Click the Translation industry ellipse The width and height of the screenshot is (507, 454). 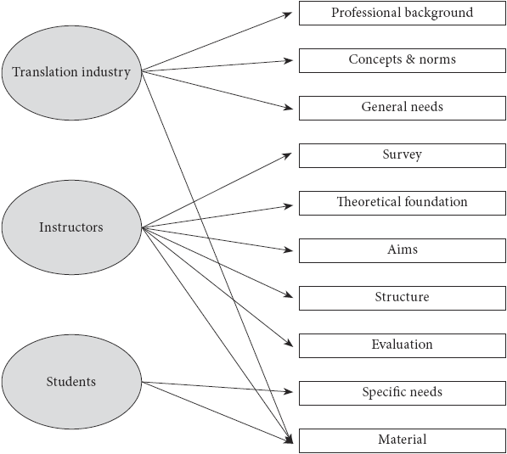click(71, 73)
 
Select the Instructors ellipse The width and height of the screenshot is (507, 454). click(71, 227)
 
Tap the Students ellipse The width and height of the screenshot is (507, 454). click(71, 382)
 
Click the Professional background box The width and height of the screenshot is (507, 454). click(403, 14)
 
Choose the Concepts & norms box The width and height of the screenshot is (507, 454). click(403, 60)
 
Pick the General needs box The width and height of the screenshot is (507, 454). click(403, 108)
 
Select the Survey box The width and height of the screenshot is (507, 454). click(403, 155)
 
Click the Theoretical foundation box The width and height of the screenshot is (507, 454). click(403, 203)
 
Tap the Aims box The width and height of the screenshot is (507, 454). click(403, 250)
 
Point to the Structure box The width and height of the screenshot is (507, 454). click(403, 298)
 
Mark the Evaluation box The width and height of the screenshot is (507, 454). click(403, 345)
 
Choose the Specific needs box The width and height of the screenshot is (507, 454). click(403, 393)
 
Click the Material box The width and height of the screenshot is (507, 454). click(403, 440)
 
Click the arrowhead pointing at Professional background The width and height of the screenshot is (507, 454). click(288, 14)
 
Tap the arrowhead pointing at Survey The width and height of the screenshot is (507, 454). click(287, 156)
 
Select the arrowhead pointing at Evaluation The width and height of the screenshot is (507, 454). click(289, 343)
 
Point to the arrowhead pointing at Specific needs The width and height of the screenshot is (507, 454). click(288, 392)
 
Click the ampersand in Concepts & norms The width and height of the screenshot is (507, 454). click(410, 59)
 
